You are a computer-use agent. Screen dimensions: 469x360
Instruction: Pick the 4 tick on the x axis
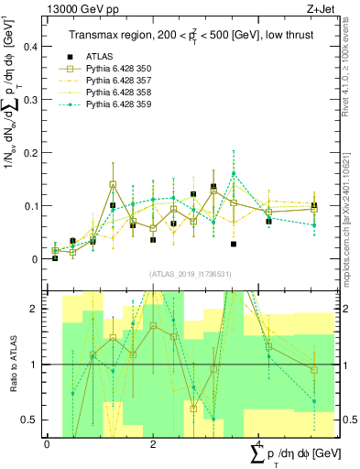tap(259, 444)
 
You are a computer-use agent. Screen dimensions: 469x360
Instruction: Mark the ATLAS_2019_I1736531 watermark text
tap(188, 274)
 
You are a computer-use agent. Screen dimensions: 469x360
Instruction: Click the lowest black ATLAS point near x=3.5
tap(234, 245)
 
